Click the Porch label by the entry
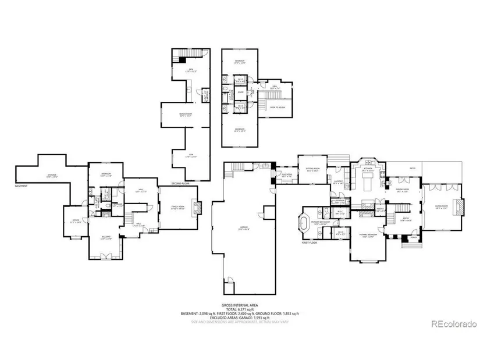(414, 237)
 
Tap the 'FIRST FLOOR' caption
(309, 243)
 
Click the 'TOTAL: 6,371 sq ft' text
(240, 309)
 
